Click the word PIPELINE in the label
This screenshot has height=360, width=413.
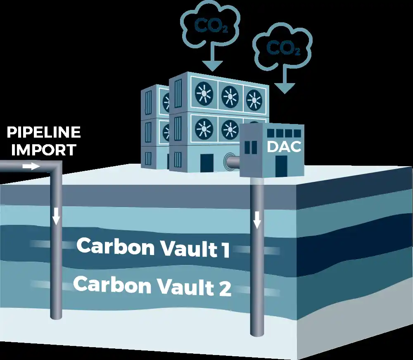(x=43, y=133)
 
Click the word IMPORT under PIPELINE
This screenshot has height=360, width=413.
(x=43, y=150)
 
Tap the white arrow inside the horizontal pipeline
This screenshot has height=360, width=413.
(x=31, y=166)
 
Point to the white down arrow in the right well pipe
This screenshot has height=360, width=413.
(x=257, y=220)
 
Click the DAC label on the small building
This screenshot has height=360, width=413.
(x=284, y=146)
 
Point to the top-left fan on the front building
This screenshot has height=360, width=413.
(x=203, y=93)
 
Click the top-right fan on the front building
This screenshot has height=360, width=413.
(x=254, y=99)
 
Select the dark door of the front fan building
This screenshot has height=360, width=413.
(x=206, y=162)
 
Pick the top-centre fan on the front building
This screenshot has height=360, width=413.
(x=230, y=96)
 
